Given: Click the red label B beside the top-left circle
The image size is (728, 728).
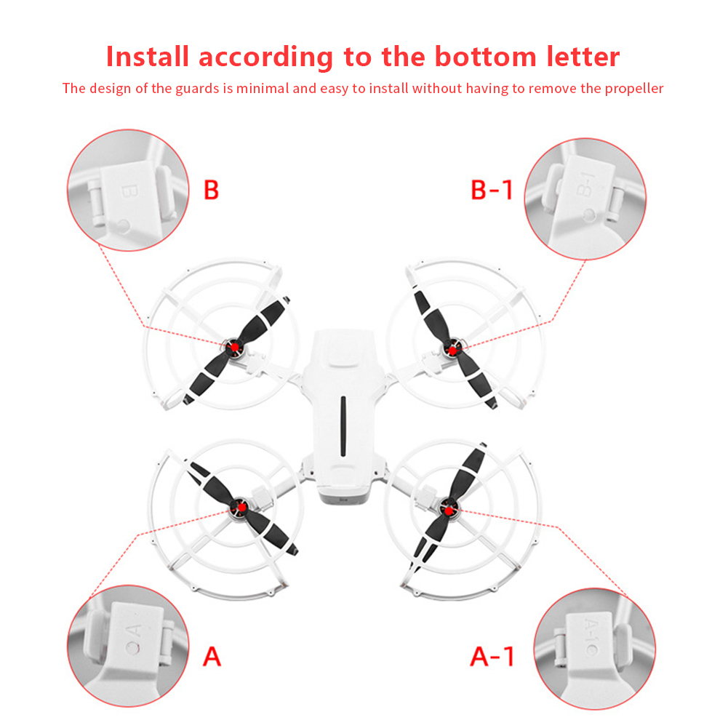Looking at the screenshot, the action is click(x=211, y=190).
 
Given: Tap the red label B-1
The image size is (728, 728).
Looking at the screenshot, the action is click(x=492, y=190).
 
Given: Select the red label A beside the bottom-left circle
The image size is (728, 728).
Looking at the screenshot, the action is click(x=212, y=657).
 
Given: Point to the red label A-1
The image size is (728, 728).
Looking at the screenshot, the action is click(x=492, y=657).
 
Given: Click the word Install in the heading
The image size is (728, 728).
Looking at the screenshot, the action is click(x=148, y=57).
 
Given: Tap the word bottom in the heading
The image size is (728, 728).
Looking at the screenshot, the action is click(x=485, y=57).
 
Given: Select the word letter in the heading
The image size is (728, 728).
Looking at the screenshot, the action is click(x=583, y=57).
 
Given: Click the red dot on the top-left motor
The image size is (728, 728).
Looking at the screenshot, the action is click(x=235, y=347).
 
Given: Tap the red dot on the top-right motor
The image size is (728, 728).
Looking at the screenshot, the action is click(x=452, y=351).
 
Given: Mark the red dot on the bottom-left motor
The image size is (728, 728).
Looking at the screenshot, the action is click(x=239, y=507).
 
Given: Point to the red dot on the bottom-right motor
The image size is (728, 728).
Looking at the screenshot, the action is click(x=449, y=511).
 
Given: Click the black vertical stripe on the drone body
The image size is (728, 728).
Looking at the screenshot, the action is click(x=343, y=426).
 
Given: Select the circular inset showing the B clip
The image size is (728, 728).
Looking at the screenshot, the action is click(x=128, y=191).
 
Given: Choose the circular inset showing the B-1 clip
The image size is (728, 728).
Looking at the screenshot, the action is click(x=585, y=199).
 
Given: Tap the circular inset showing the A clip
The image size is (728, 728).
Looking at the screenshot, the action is click(x=128, y=646).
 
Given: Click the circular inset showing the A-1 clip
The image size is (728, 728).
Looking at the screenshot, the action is click(x=595, y=649).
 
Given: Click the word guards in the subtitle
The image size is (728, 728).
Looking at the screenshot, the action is click(x=197, y=89).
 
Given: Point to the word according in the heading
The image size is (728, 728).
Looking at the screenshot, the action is click(x=266, y=57).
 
